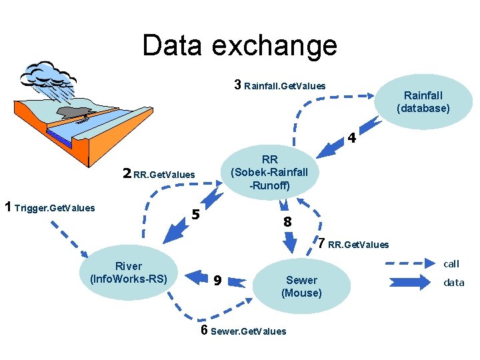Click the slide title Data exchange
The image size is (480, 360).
(239, 45)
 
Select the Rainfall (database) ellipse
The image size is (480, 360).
(423, 102)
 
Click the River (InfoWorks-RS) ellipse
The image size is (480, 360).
(129, 273)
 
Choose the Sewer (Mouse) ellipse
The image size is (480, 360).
(301, 286)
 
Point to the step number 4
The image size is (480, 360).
(351, 140)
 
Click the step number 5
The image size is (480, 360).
(195, 215)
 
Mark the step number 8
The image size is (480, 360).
(287, 222)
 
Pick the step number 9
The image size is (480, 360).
(217, 281)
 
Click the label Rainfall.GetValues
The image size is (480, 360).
(285, 86)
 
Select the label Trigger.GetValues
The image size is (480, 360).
(54, 208)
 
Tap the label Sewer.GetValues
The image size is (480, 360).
(248, 331)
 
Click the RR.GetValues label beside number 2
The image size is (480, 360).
(164, 175)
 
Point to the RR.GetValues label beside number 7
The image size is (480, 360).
(358, 245)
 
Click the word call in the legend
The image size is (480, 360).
(451, 264)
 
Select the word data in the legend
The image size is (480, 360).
(453, 283)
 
